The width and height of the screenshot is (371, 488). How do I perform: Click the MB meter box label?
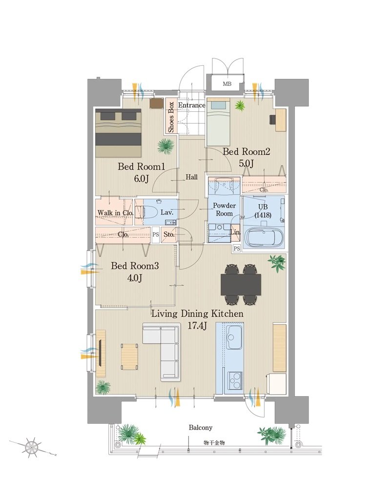coord(227,84)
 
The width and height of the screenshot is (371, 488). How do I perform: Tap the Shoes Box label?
coord(171,117)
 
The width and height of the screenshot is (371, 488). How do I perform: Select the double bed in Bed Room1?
coord(118,133)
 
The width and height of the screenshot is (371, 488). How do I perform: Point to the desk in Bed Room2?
coord(281,120)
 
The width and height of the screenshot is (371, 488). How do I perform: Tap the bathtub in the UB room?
coord(265,239)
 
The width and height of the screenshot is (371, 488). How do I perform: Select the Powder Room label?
coord(224,209)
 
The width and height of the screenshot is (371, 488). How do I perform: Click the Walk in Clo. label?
coord(115,213)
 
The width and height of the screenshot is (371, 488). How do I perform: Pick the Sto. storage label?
coord(169,234)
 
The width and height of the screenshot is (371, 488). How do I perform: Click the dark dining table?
coord(241,285)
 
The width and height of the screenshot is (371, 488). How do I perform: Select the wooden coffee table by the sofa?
coord(129,357)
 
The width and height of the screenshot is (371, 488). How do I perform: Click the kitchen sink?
coord(234,337)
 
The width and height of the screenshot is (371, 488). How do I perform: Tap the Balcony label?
coord(201,427)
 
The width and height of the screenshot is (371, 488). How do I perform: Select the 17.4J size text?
coord(197,326)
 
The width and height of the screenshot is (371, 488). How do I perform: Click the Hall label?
coord(192,177)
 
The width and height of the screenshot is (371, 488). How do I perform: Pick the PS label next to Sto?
coord(156,234)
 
